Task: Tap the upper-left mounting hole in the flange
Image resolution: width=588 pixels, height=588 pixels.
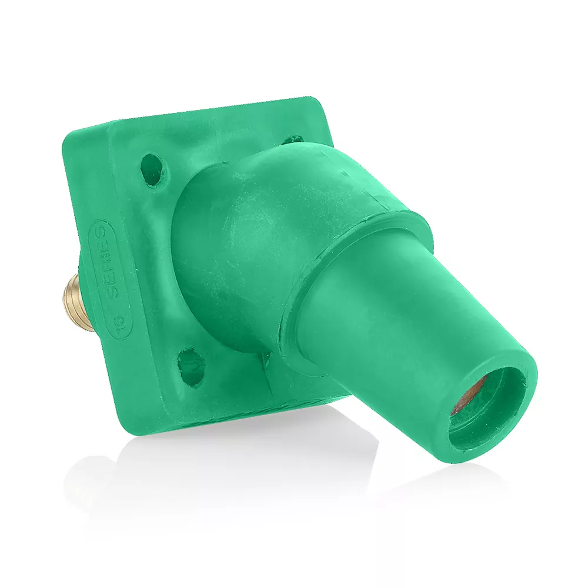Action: click(x=153, y=169)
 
